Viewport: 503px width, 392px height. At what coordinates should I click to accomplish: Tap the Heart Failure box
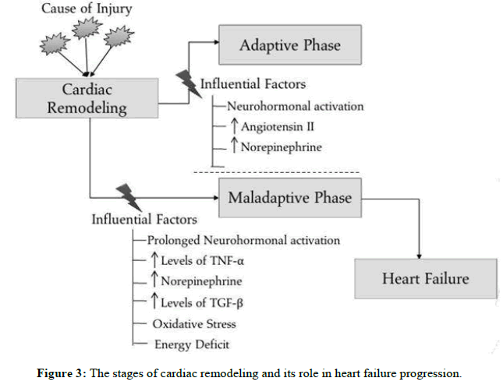coord(424,278)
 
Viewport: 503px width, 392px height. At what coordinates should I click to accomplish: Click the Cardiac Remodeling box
coord(87,99)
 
